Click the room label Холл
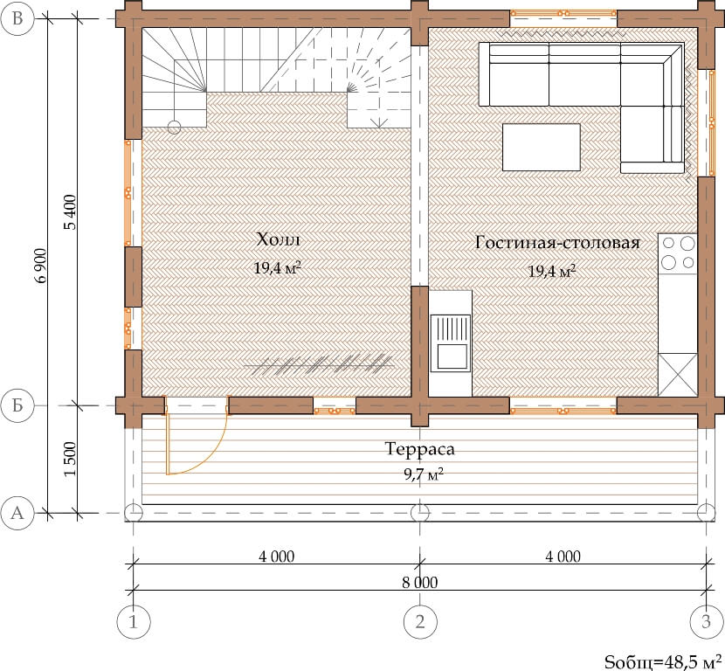(278, 239)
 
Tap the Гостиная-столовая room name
(557, 242)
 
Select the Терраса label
(419, 448)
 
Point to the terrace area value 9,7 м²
(424, 474)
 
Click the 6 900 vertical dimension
(42, 266)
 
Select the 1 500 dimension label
(70, 459)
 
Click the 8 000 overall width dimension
(419, 582)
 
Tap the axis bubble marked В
(17, 18)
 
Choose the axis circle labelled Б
(17, 405)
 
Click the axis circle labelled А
(17, 513)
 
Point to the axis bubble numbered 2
(420, 621)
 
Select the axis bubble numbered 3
(706, 621)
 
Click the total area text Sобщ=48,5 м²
(663, 661)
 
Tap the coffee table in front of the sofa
(541, 147)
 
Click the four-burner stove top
(677, 253)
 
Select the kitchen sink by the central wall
(451, 342)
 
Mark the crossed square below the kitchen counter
(677, 375)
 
